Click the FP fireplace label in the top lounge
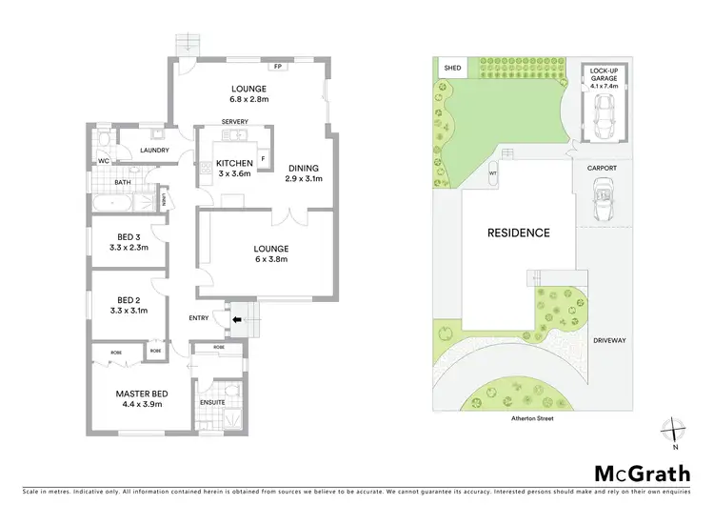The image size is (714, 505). [x=278, y=67]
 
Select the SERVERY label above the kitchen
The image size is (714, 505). [x=234, y=122]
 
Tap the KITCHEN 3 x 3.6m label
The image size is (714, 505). [x=233, y=168]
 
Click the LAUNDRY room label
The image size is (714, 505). [x=154, y=151]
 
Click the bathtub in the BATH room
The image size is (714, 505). [x=113, y=203]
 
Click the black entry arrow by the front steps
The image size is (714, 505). [x=236, y=320]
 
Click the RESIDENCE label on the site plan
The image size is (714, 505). [x=519, y=232]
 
